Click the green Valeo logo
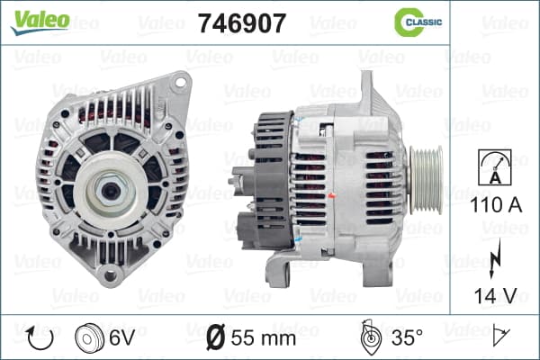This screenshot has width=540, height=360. point(40,22)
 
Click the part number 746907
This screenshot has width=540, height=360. point(242,23)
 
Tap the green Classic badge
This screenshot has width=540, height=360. point(418,22)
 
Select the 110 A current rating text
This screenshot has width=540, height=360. point(496,205)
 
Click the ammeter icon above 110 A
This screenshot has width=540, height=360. point(495,167)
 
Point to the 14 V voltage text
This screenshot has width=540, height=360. point(496,295)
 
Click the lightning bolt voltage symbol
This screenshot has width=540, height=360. point(495,258)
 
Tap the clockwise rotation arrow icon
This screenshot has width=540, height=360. point(40,338)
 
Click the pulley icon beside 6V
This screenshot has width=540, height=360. point(89,338)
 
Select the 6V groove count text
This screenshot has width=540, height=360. point(121,337)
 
